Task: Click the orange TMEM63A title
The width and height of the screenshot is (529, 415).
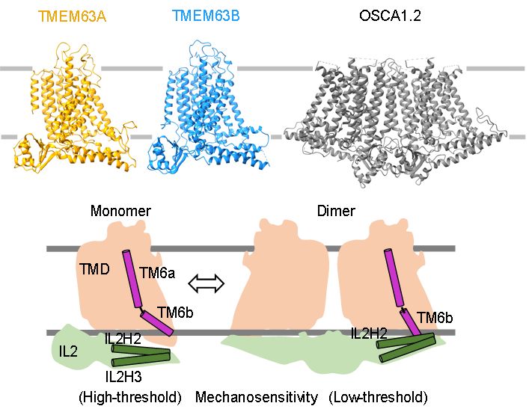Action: (72, 16)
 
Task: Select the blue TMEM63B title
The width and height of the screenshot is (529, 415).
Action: (206, 16)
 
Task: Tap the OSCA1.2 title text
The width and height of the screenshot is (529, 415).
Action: (390, 16)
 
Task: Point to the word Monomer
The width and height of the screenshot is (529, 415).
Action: (120, 211)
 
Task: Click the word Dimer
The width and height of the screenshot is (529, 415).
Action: (336, 211)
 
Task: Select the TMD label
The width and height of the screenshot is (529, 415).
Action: (95, 269)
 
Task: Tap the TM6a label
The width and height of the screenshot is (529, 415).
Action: (158, 273)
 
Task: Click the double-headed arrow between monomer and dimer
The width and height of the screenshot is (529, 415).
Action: (206, 283)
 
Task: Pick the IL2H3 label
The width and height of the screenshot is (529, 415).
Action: (123, 377)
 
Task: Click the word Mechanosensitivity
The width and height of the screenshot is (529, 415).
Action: (257, 397)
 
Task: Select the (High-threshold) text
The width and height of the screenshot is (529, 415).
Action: (130, 397)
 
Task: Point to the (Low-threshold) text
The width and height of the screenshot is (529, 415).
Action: (378, 397)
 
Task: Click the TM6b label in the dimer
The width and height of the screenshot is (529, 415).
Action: (435, 318)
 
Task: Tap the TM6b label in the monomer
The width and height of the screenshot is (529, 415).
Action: (175, 313)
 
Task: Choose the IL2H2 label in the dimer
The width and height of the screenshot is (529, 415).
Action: (369, 333)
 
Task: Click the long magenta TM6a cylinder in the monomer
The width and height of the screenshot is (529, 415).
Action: (132, 279)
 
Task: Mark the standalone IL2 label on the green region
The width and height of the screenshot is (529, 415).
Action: (68, 351)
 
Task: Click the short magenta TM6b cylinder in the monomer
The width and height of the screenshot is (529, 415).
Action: (156, 323)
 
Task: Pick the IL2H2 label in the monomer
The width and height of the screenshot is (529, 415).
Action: (123, 338)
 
